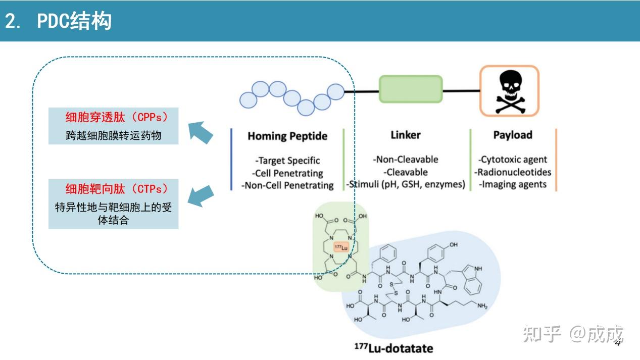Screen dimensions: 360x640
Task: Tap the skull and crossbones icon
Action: tap(509, 91)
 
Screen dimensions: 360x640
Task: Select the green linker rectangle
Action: tap(411, 90)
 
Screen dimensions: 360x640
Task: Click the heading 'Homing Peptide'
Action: tap(287, 136)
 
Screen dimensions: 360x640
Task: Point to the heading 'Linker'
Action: tap(406, 135)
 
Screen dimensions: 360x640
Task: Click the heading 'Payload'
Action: tap(513, 135)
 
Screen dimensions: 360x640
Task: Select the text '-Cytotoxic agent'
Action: tap(513, 160)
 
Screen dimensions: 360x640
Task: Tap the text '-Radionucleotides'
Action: tap(513, 172)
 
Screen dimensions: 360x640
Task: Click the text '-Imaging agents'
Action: tap(513, 184)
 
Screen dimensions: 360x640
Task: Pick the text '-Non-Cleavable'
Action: tap(406, 160)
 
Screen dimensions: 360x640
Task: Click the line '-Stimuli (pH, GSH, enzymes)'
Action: tap(406, 184)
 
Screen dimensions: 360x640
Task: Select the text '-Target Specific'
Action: tap(287, 161)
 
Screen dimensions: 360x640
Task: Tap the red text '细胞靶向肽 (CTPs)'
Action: tap(117, 189)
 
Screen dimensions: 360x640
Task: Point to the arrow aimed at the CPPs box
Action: tap(201, 132)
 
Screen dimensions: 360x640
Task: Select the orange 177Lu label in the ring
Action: tap(341, 247)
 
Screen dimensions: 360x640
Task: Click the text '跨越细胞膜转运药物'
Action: tap(113, 135)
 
